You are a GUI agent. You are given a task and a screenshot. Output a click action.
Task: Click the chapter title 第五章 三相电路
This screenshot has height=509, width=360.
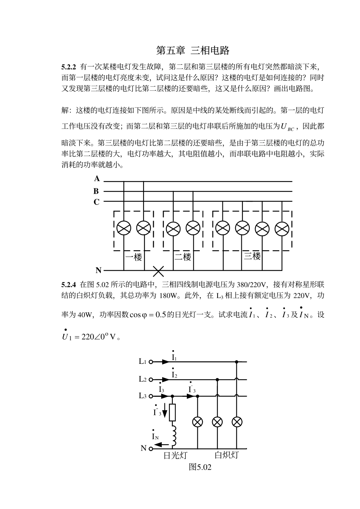pos(193,50)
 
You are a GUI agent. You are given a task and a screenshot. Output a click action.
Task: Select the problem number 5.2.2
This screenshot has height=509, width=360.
pos(69,67)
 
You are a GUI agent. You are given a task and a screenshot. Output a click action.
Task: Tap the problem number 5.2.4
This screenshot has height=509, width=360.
pos(69,284)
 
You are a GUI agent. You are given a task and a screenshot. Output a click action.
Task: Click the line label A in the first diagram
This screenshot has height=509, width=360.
pos(97,179)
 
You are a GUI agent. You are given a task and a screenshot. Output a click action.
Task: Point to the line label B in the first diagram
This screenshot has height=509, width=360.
pos(97,191)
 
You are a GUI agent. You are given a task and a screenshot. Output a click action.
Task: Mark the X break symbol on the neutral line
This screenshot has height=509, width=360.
pos(158,271)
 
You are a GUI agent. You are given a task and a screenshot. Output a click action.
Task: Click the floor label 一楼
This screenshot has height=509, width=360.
pos(133,257)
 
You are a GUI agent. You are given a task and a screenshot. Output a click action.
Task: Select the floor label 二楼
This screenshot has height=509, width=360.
pos(183,257)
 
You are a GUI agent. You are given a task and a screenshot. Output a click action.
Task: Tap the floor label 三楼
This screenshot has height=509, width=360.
pos(252,256)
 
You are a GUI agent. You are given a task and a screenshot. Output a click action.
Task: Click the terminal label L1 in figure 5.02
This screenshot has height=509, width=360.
pos(142,362)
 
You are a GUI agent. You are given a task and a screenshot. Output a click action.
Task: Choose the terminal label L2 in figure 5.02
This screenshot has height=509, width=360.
pos(142,379)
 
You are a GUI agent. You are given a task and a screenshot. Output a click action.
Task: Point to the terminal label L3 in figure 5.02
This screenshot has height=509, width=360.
pos(142,396)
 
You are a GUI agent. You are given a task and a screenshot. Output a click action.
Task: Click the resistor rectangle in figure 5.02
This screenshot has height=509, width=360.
pos(173,412)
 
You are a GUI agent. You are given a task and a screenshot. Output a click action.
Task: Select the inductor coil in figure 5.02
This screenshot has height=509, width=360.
pos(174,436)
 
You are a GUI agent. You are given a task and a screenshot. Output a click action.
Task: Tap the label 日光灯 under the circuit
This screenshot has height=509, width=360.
pos(175,455)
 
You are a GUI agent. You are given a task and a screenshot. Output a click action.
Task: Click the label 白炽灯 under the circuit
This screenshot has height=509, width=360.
pos(227,455)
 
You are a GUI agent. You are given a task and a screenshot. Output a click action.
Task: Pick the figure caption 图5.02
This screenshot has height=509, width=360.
pos(200,467)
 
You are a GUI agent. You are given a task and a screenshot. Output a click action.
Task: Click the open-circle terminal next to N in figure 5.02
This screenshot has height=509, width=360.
pos(150,449)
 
